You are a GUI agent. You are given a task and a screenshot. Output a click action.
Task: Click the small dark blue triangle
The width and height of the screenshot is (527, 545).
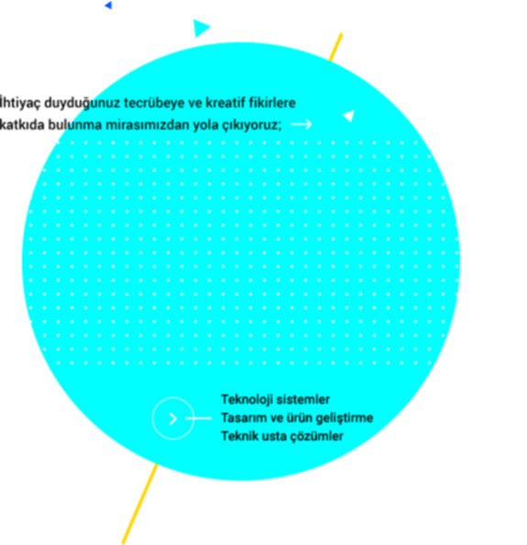click(109, 6)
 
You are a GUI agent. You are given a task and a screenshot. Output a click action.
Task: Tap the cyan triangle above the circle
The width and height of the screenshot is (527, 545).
click(201, 28)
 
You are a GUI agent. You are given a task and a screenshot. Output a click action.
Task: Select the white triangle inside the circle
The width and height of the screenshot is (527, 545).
click(349, 116)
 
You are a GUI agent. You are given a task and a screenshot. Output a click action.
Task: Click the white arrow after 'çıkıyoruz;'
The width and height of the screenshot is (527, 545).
click(302, 124)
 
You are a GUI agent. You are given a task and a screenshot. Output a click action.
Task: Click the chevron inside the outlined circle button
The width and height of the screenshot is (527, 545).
click(173, 418)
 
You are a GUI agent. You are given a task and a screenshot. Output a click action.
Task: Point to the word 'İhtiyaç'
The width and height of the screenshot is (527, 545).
click(20, 103)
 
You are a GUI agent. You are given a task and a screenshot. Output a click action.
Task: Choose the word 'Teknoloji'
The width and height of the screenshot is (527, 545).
click(247, 400)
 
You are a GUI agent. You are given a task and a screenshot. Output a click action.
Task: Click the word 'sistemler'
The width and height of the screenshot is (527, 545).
click(302, 400)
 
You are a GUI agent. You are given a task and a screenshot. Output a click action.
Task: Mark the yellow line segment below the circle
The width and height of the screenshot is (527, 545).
click(139, 504)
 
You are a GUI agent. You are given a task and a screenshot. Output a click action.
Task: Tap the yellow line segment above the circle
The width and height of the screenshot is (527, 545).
click(335, 48)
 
